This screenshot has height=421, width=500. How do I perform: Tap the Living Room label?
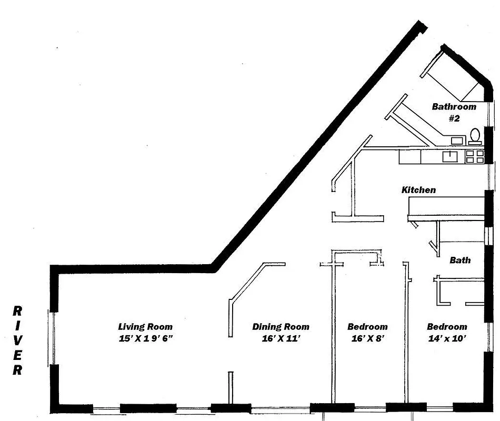(145, 327)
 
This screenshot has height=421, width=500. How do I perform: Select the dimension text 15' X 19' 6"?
(146, 339)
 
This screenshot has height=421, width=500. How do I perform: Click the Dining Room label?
(281, 327)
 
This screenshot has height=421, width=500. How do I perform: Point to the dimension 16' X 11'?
(281, 339)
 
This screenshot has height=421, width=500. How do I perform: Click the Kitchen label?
(418, 190)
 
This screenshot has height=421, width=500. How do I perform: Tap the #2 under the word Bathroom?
(454, 118)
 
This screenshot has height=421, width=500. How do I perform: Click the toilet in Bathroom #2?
(475, 136)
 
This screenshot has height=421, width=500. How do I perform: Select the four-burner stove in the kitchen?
(474, 156)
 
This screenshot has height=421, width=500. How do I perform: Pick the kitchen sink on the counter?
(451, 156)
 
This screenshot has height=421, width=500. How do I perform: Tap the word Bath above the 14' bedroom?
(460, 260)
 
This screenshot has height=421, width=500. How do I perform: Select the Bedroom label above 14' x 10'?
(446, 327)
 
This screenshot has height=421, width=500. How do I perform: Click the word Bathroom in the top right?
(454, 107)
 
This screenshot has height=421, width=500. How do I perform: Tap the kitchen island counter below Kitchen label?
(445, 206)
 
